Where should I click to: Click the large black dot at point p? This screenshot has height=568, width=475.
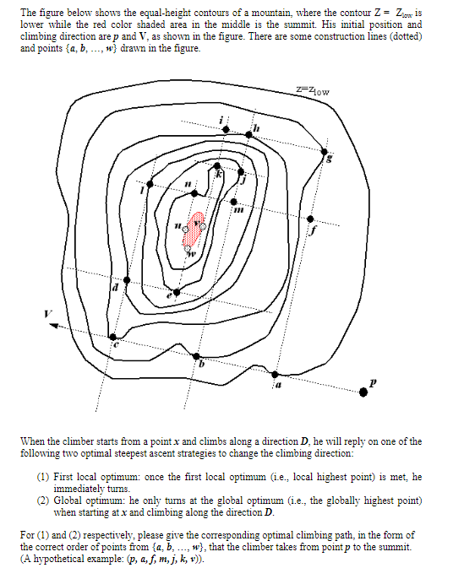tap(364, 389)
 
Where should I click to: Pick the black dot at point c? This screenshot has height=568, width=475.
tap(114, 338)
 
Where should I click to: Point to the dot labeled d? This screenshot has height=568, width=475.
tap(127, 279)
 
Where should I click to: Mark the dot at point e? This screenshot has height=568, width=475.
tap(177, 292)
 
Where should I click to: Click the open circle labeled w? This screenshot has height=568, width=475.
tap(188, 247)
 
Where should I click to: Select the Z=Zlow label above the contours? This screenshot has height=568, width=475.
tap(313, 89)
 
